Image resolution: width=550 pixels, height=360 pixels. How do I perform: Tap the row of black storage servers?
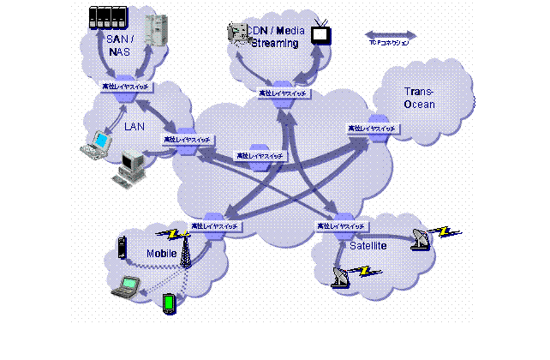107,17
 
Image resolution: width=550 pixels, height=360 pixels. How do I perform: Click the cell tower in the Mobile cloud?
184,251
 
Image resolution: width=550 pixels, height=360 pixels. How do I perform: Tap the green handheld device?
169,303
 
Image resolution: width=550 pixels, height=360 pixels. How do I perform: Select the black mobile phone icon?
122,247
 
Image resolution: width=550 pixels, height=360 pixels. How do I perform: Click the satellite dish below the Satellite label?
341,276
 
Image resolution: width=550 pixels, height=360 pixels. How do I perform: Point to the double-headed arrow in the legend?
391,35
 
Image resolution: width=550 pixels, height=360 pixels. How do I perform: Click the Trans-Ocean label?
420,99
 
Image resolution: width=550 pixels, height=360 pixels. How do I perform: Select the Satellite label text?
368,246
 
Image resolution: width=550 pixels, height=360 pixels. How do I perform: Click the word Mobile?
161,254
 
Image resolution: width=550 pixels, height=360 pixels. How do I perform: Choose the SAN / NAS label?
120,45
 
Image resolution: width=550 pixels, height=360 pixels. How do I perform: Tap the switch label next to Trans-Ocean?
372,128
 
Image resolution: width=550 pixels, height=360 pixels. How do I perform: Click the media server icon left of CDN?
236,33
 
